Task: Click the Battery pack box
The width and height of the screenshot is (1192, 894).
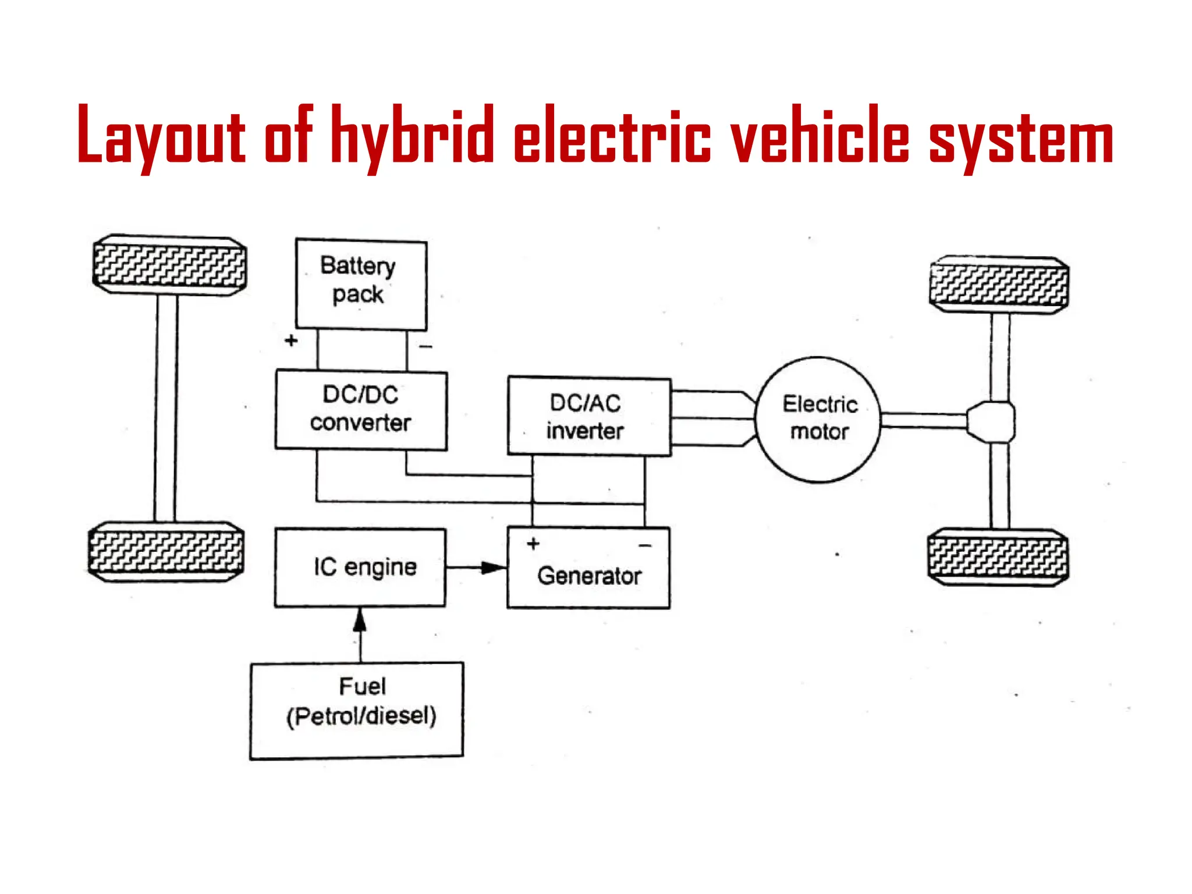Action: coord(361,284)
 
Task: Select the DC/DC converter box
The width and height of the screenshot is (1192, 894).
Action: coord(361,410)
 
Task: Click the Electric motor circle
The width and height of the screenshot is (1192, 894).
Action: coord(818,419)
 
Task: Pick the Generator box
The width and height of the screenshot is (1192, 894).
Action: coord(588,573)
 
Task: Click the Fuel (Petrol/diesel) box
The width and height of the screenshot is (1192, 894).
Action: coord(357,710)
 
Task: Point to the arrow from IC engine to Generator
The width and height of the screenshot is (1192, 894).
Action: coord(477,567)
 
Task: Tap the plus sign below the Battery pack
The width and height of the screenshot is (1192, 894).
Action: coord(291,340)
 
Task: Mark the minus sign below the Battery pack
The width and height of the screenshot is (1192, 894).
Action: coord(425,347)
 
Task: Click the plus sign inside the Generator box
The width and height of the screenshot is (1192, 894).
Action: coord(533,544)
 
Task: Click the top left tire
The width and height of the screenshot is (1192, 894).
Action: coord(169,265)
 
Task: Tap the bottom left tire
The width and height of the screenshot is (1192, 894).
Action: coord(166,552)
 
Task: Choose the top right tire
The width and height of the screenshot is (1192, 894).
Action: coord(999,285)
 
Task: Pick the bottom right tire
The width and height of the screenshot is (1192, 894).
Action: coord(998,557)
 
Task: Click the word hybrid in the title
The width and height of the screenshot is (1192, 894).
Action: coord(412,137)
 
